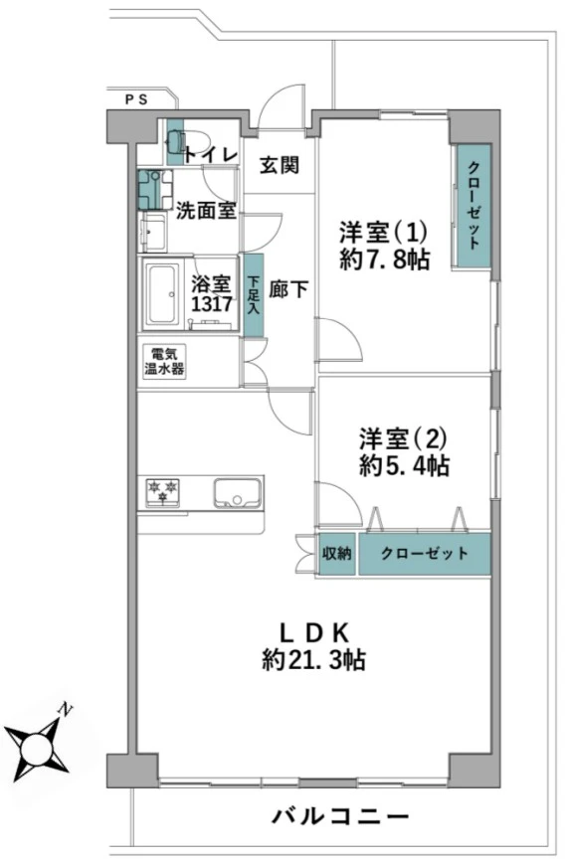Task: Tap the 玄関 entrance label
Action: point(280,164)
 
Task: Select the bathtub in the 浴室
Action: point(161,295)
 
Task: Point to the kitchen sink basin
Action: point(238,492)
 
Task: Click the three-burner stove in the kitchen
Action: point(163,491)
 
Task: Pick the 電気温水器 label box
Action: point(164,362)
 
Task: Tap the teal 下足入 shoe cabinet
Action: point(254,295)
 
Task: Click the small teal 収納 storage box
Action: point(337,554)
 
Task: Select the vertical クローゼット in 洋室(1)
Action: point(473,205)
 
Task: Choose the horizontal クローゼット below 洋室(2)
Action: point(425,554)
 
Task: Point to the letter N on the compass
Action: point(66,710)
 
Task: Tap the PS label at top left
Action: point(135,100)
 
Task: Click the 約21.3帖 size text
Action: point(313,659)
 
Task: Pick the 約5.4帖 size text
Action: point(404,466)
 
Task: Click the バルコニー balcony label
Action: point(341,816)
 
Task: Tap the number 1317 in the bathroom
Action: point(211,304)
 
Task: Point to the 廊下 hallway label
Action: point(288,289)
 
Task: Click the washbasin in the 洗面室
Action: point(153,233)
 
